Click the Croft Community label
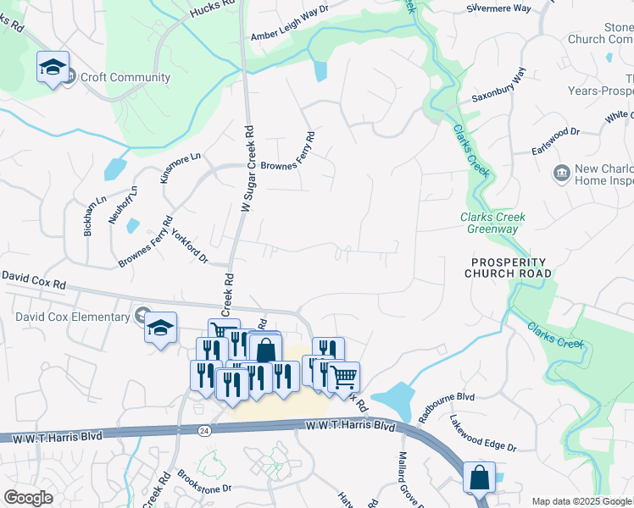point(125,78)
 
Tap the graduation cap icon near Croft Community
point(53,67)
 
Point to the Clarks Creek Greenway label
point(492,224)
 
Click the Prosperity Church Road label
point(509,268)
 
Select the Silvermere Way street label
point(498,8)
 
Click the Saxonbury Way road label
point(499,85)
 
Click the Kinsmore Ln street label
point(179,168)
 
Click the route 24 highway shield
point(204,431)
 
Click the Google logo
point(28,498)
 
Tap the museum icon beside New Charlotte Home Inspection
point(561,174)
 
